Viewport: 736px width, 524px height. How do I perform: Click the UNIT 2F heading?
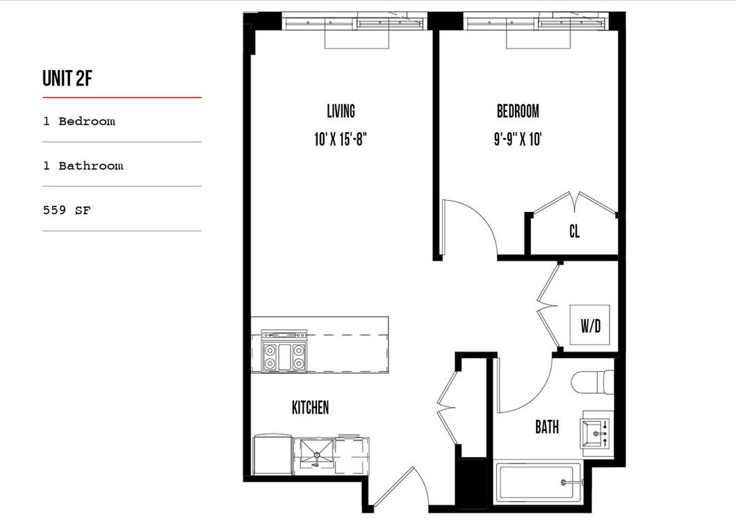[x=67, y=79]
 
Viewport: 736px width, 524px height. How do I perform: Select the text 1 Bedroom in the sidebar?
[x=79, y=122]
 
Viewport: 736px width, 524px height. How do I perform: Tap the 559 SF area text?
[x=67, y=210]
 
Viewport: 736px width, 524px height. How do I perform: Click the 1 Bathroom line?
[x=83, y=166]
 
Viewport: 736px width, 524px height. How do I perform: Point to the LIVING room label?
[x=341, y=111]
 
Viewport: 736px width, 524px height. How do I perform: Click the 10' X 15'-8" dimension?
[x=340, y=140]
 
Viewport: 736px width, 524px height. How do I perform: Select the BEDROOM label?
[x=518, y=111]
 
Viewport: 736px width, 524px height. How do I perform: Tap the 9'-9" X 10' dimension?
[x=518, y=140]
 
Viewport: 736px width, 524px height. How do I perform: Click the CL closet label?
[x=574, y=232]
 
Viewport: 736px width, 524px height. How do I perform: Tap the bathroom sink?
[x=596, y=432]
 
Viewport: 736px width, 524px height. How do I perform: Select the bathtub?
[x=536, y=482]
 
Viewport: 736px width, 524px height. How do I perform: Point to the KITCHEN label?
[x=310, y=408]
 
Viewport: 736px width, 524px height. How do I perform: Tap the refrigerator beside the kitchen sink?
[x=272, y=455]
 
